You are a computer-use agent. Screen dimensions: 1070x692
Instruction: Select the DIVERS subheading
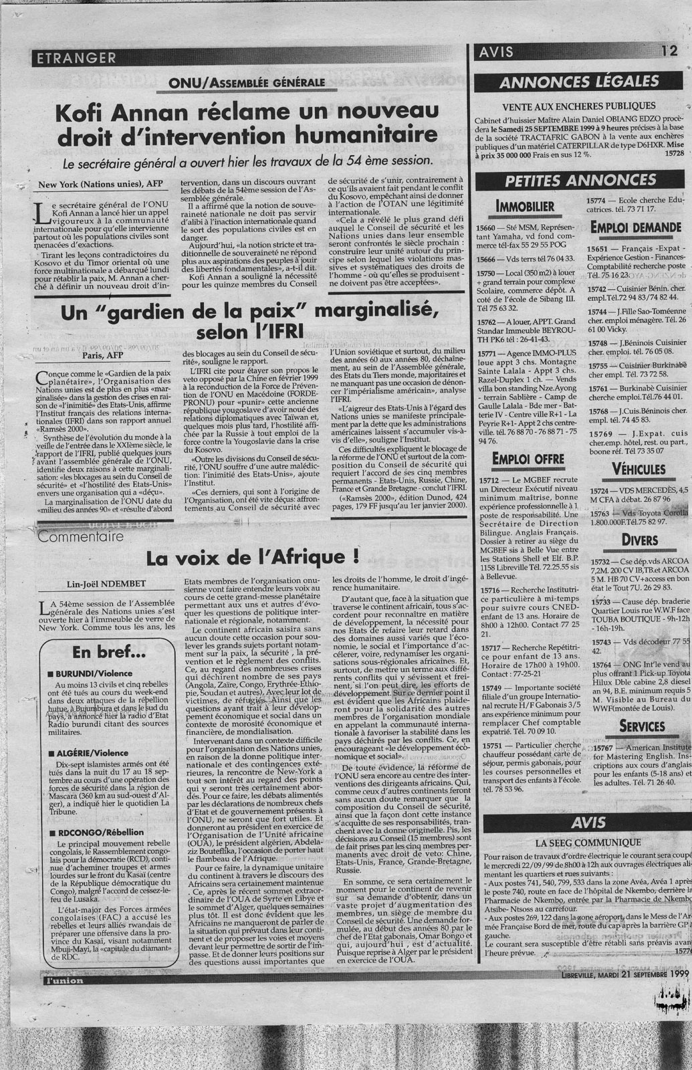point(639,539)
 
